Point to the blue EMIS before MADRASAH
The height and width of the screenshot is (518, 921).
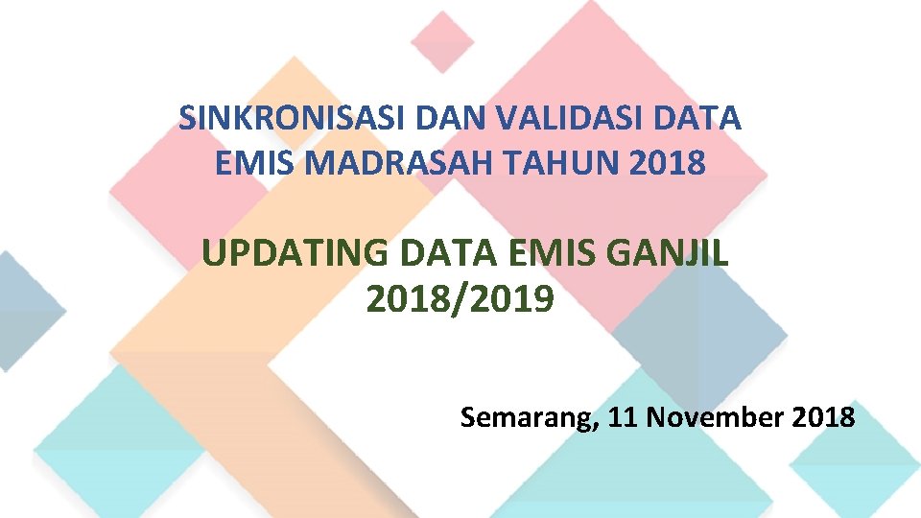click(x=252, y=163)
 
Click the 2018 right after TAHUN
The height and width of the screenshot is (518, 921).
click(x=670, y=163)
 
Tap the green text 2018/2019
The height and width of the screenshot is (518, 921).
click(x=460, y=300)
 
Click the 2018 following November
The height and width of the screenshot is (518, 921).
click(x=824, y=417)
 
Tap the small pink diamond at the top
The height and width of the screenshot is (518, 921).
click(x=442, y=41)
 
